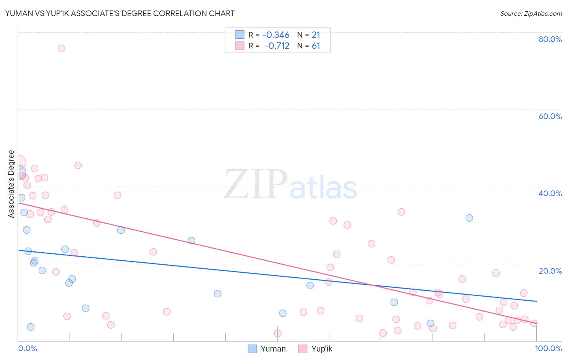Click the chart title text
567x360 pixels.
click(x=120, y=13)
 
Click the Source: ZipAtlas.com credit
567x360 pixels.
click(x=531, y=13)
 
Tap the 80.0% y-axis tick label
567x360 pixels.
click(x=550, y=39)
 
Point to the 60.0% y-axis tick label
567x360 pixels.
click(x=550, y=116)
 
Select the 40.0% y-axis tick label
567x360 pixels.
click(x=550, y=193)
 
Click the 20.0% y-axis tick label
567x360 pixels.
click(x=550, y=271)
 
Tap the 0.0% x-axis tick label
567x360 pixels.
click(x=27, y=348)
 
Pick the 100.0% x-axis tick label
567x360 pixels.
click(x=548, y=348)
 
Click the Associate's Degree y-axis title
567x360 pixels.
click(x=11, y=184)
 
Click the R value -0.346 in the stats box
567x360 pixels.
click(x=276, y=35)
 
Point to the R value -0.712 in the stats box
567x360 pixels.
click(x=277, y=46)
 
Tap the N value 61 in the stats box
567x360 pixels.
click(x=316, y=46)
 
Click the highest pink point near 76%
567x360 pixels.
click(x=61, y=48)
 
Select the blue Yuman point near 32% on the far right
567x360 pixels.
click(x=469, y=218)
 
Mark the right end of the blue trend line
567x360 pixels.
click(x=536, y=301)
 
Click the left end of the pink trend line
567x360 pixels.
click(x=19, y=203)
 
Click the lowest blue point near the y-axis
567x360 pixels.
click(x=31, y=327)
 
